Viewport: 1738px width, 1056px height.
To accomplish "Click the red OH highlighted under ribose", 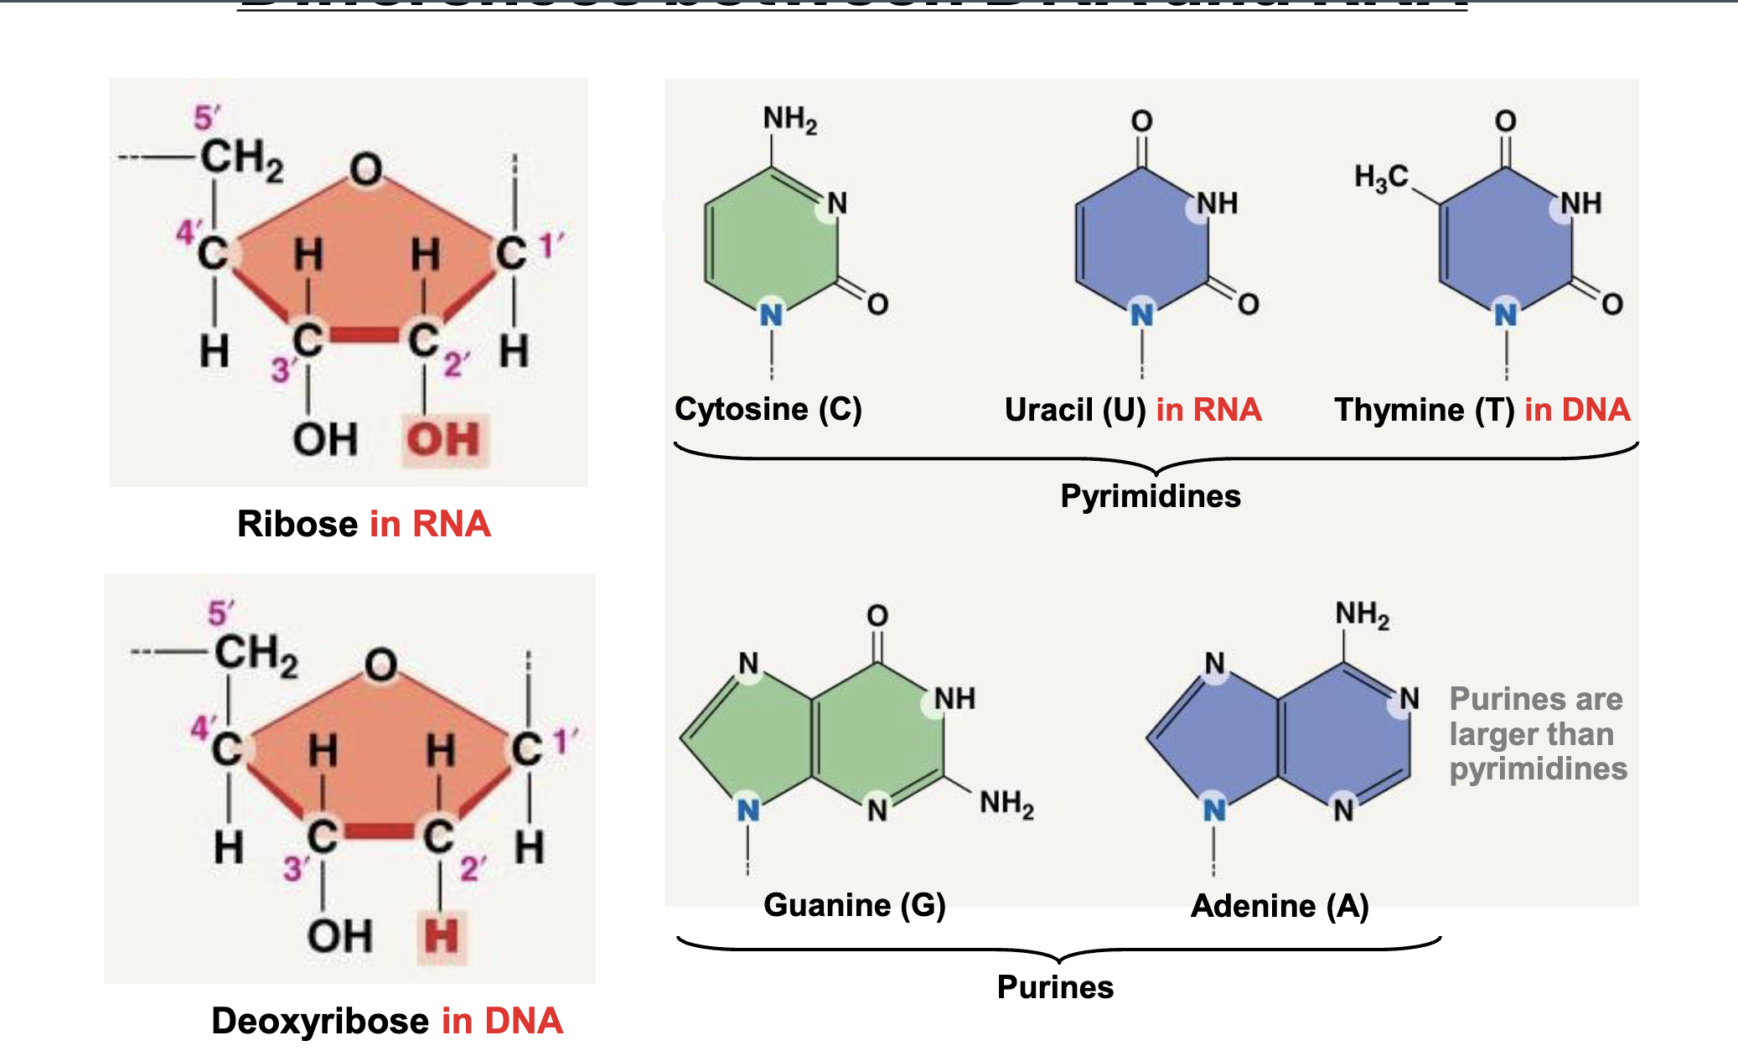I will point(443,439).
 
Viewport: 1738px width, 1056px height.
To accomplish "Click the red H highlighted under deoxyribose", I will point(442,935).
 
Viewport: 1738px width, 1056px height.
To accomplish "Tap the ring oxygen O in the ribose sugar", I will point(366,169).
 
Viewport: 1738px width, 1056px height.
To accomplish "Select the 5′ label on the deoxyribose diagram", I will point(220,613).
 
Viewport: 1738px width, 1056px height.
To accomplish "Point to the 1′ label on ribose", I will point(551,246).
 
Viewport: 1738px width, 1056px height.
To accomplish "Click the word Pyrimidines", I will point(1150,496).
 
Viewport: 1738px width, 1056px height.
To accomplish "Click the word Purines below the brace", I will point(1055,987).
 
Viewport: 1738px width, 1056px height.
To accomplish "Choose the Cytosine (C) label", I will point(768,409).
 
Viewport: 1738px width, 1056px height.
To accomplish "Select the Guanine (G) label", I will point(854,905).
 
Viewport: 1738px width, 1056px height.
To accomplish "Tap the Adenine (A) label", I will point(1280,906).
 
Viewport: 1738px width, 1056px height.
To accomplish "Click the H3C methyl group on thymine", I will point(1381,178).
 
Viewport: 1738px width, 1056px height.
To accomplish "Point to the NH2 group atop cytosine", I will point(789,120).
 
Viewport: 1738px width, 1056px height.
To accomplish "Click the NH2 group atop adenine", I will point(1362,614).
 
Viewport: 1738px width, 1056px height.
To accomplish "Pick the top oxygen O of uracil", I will point(1141,122).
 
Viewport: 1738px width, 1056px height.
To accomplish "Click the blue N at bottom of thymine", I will point(1506,315).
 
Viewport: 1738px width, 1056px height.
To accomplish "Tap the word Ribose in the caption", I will point(297,524).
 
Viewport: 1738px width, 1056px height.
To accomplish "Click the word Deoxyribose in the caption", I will point(320,1021).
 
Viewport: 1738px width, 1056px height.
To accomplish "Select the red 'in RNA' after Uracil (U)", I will point(1208,410).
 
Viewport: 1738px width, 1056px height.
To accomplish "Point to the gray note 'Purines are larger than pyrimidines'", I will point(1538,734).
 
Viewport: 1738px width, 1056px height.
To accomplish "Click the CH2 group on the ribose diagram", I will point(241,159).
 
